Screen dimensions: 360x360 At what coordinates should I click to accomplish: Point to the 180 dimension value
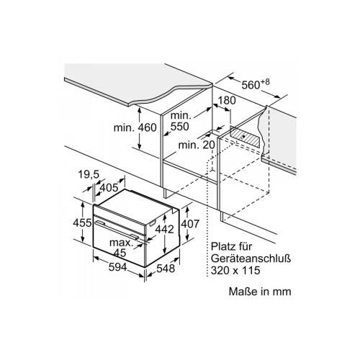click(226, 101)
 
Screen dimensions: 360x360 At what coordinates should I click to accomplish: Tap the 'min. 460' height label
click(135, 127)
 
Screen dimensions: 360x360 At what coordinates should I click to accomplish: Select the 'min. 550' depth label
click(180, 121)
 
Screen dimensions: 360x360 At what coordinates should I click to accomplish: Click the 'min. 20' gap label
click(197, 145)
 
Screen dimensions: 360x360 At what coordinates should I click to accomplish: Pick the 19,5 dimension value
click(89, 174)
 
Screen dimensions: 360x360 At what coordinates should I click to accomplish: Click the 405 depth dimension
click(109, 187)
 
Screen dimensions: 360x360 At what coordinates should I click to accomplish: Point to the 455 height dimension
click(82, 223)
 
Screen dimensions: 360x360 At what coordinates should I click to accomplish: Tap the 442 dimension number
click(164, 229)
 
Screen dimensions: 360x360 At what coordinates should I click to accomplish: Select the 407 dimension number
click(190, 224)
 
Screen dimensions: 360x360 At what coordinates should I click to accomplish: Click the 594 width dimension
click(117, 267)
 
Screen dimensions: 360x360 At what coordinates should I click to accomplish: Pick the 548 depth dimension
click(166, 268)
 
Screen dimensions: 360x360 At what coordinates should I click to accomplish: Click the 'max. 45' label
click(121, 248)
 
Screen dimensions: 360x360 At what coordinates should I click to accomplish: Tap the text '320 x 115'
click(235, 271)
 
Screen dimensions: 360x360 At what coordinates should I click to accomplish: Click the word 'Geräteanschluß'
click(251, 258)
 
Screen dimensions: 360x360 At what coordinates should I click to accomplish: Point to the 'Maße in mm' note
click(260, 292)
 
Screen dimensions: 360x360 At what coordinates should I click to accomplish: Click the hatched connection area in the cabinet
click(245, 136)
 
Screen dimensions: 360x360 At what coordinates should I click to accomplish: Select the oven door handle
click(117, 230)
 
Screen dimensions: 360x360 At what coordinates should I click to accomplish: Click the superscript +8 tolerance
click(265, 82)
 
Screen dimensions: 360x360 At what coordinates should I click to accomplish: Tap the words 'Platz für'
click(232, 246)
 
